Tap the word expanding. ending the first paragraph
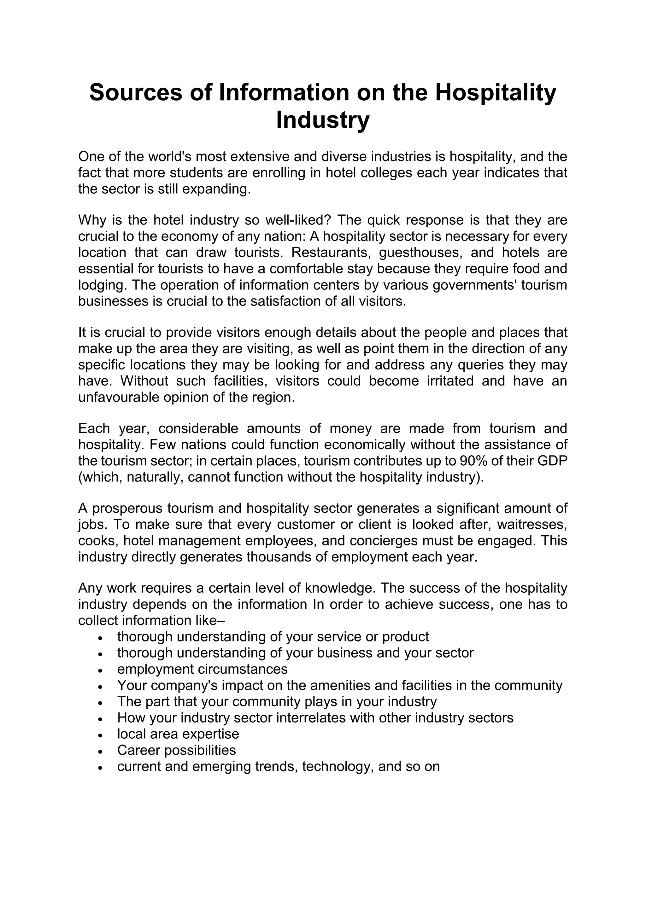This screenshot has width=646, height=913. point(216,189)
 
